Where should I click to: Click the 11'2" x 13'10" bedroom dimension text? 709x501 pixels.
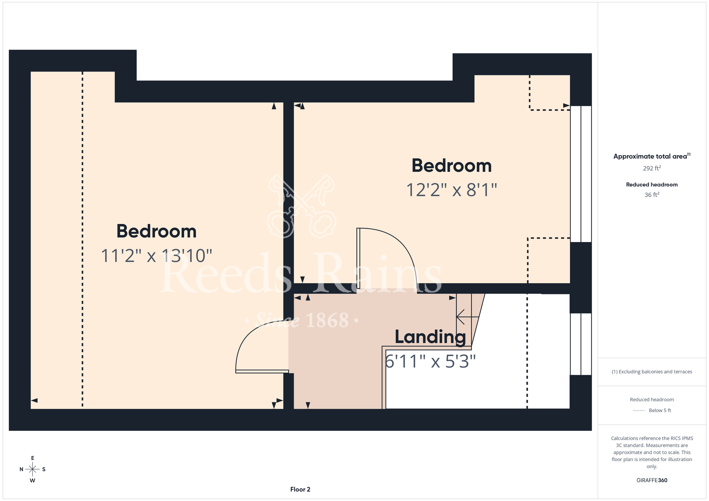pos(156,255)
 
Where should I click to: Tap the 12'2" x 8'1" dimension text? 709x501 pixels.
pos(452,190)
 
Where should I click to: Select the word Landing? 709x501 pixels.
pos(430,337)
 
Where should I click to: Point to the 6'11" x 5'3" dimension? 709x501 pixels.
pos(430,361)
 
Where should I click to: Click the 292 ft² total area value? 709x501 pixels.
pos(652,168)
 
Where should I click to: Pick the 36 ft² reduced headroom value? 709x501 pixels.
pos(652,195)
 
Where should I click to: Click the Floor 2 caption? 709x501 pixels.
pos(300,489)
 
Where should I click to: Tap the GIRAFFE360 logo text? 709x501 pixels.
pos(652,480)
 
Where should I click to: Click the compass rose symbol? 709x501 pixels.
pos(33,469)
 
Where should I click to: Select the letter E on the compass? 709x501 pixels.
pos(33,458)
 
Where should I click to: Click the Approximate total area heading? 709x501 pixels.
pos(652,156)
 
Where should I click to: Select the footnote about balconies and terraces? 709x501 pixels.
pos(652,372)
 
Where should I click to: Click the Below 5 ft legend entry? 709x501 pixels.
pos(652,410)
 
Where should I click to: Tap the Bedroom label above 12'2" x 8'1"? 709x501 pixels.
pos(452,165)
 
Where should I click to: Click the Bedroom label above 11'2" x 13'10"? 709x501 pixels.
pos(156,231)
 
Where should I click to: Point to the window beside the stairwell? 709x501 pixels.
pos(581,344)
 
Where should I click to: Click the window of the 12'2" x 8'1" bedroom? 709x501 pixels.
pos(581,174)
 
